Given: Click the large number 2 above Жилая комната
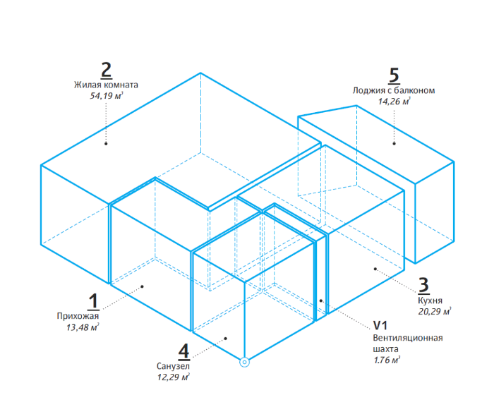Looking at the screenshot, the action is pyautogui.click(x=106, y=71).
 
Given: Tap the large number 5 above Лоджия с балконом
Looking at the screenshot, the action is pyautogui.click(x=394, y=76).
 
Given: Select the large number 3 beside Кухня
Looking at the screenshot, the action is pyautogui.click(x=423, y=286).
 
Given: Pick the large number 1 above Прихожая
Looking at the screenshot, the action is pyautogui.click(x=94, y=301).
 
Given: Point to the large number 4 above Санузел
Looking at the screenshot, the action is pyautogui.click(x=183, y=351).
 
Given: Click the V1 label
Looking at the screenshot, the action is pyautogui.click(x=380, y=325).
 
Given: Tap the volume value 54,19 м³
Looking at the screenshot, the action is pyautogui.click(x=106, y=96).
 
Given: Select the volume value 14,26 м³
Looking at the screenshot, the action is pyautogui.click(x=394, y=102).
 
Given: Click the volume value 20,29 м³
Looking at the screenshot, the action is pyautogui.click(x=435, y=312).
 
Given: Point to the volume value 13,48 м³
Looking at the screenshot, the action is pyautogui.click(x=83, y=327).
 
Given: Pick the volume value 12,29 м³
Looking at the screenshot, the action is pyautogui.click(x=174, y=377).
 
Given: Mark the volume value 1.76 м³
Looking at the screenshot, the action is pyautogui.click(x=387, y=360).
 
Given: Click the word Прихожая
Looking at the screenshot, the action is pyautogui.click(x=78, y=316).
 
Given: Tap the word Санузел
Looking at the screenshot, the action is pyautogui.click(x=173, y=366).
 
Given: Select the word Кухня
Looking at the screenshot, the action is pyautogui.click(x=430, y=300).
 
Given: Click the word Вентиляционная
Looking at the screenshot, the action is pyautogui.click(x=408, y=338).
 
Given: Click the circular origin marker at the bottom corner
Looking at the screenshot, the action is pyautogui.click(x=244, y=363).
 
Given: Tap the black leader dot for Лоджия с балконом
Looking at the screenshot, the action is pyautogui.click(x=394, y=144).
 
